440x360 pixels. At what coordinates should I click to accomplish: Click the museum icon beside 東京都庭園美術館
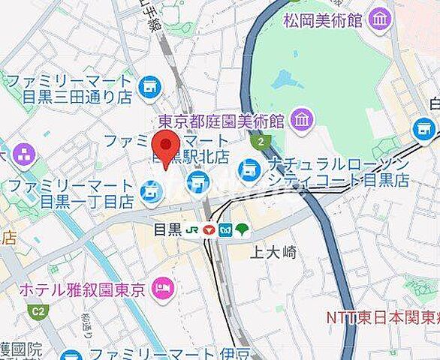[303, 118]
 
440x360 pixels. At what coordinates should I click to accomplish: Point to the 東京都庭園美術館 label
[221, 120]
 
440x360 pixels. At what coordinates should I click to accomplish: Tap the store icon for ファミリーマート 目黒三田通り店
[149, 86]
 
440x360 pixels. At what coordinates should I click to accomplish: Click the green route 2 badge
[261, 141]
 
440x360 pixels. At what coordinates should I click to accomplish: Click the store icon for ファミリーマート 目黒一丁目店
[152, 193]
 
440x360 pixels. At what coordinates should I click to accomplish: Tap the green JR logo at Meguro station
[192, 229]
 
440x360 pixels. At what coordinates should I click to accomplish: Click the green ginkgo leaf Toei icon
[242, 229]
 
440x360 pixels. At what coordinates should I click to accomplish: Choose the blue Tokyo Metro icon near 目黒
[225, 229]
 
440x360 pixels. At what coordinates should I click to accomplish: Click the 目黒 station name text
[167, 229]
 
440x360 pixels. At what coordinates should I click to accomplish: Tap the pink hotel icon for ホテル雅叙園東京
[162, 287]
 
